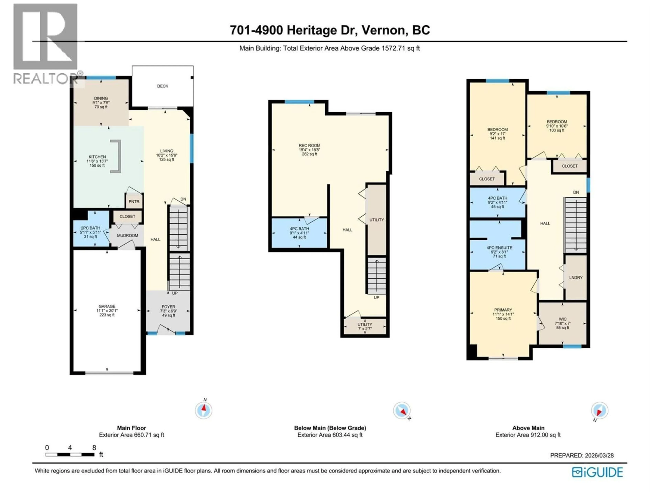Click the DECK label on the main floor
(163, 86)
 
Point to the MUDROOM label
(127, 235)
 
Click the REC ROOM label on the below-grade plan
(309, 145)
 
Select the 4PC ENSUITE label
(499, 248)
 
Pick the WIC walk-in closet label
(562, 319)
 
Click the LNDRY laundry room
(576, 277)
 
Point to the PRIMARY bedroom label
(503, 310)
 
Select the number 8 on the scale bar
(94, 448)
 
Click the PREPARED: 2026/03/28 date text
(582, 455)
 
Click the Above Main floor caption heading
(528, 428)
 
